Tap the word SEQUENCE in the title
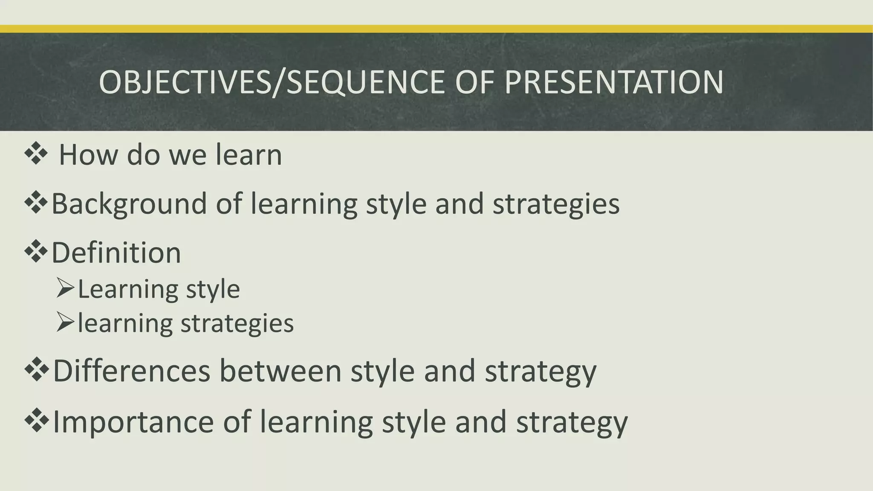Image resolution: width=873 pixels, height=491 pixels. [366, 82]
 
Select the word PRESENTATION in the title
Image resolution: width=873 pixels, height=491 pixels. [614, 82]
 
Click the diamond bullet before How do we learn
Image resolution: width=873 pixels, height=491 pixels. [36, 154]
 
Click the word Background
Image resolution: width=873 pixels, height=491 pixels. [129, 204]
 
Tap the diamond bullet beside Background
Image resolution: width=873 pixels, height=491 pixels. [36, 203]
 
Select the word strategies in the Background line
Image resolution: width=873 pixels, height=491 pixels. [556, 205]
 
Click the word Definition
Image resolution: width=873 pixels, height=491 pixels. [116, 253]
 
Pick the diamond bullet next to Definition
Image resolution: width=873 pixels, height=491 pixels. [36, 252]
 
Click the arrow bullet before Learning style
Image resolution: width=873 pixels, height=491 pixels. [65, 289]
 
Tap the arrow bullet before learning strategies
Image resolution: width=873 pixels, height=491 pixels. [65, 323]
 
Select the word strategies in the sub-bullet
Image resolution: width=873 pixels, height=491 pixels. [237, 323]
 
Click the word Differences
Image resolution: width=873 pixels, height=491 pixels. [131, 371]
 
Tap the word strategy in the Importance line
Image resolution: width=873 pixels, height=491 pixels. [572, 422]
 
